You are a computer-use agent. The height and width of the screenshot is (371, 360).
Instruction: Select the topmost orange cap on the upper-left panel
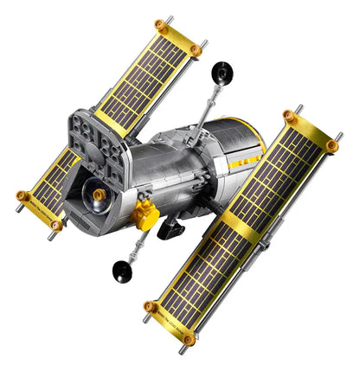point(158,24)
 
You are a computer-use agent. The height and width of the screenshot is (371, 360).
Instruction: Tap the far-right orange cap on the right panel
point(332,146)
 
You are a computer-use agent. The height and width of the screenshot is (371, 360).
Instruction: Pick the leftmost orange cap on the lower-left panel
point(22,195)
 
